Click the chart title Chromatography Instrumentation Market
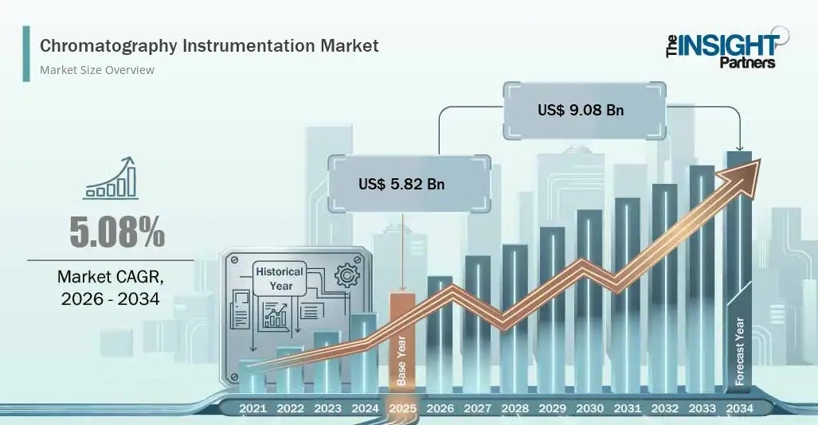pyautogui.click(x=209, y=46)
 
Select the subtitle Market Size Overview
pyautogui.click(x=97, y=70)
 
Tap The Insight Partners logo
pyautogui.click(x=727, y=49)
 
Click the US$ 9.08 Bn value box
pyautogui.click(x=585, y=110)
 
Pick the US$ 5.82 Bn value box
pyautogui.click(x=409, y=184)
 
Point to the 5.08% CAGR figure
pyautogui.click(x=117, y=232)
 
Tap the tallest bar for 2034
pyautogui.click(x=739, y=271)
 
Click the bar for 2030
pyautogui.click(x=589, y=301)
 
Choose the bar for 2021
pyautogui.click(x=252, y=376)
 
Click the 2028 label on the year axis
pyautogui.click(x=515, y=408)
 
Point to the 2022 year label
pyautogui.click(x=290, y=408)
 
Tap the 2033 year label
pyautogui.click(x=703, y=408)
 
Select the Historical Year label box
pyautogui.click(x=280, y=279)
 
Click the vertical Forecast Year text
pyautogui.click(x=740, y=352)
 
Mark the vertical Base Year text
pyautogui.click(x=401, y=361)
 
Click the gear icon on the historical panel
pyautogui.click(x=346, y=275)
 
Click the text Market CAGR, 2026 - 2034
pyautogui.click(x=111, y=287)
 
